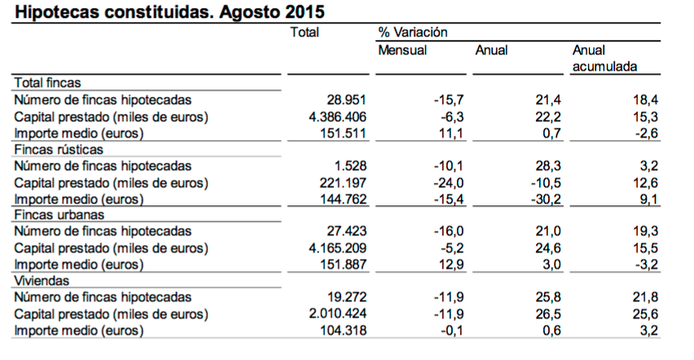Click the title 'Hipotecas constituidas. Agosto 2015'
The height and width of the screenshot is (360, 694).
(x=170, y=11)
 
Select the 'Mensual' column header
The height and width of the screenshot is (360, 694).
(x=402, y=50)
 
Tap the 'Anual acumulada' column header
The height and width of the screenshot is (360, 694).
(x=604, y=58)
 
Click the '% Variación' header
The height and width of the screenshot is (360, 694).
(x=412, y=32)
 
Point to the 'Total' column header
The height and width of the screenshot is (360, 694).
(x=305, y=32)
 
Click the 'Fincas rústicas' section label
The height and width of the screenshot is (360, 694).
(x=59, y=149)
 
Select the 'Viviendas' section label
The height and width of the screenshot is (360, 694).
(x=42, y=281)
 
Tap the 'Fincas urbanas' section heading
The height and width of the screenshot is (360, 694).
(x=59, y=215)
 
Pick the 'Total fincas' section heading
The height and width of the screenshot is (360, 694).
(x=47, y=83)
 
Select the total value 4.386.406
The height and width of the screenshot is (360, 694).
(x=337, y=117)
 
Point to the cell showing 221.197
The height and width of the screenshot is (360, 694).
(x=343, y=183)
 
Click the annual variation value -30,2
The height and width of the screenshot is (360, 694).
(x=546, y=200)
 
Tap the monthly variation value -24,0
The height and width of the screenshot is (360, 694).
(x=448, y=183)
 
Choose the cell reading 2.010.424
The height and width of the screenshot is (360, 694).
(x=337, y=314)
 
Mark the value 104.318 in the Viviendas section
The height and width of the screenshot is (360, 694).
(x=343, y=331)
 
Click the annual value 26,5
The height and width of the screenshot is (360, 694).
(x=548, y=314)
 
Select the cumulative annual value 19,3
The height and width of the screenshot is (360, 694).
(x=645, y=231)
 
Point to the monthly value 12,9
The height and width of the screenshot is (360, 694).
(x=451, y=265)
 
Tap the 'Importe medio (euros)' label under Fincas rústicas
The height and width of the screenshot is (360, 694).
(x=79, y=200)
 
